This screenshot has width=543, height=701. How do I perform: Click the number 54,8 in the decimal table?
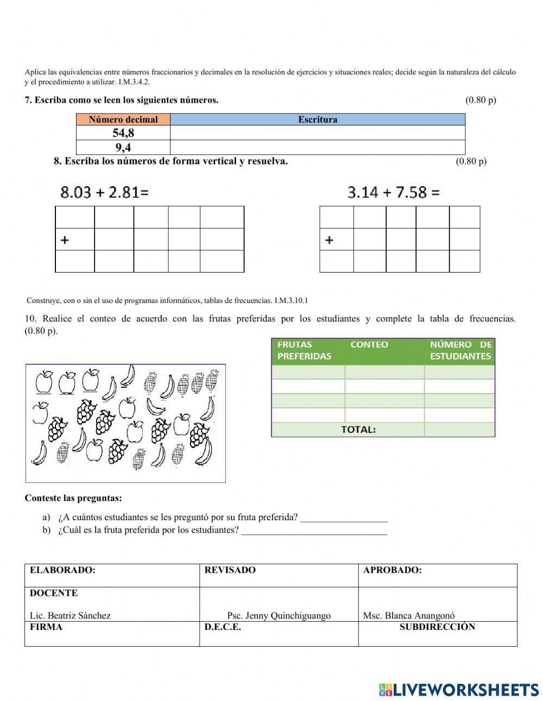click(123, 133)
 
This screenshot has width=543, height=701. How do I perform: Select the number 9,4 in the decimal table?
click(123, 148)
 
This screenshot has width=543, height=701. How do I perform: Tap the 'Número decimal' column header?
click(123, 119)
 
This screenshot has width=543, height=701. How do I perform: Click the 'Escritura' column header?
click(318, 119)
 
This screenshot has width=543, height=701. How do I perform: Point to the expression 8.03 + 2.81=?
click(104, 192)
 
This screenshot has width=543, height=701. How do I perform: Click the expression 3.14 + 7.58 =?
click(393, 192)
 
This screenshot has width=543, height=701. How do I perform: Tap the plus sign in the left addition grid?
click(65, 240)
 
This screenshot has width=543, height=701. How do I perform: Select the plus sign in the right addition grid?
click(329, 240)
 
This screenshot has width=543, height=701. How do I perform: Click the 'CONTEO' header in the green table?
click(369, 344)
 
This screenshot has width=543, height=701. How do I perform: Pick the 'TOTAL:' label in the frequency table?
click(358, 430)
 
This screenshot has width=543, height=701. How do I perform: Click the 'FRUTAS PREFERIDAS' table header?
click(304, 350)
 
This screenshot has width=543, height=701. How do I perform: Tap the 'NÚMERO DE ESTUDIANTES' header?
click(460, 350)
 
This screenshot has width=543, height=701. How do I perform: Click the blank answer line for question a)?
click(344, 519)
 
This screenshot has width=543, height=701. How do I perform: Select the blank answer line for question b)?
click(314, 532)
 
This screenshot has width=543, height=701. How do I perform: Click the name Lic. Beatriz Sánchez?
click(70, 616)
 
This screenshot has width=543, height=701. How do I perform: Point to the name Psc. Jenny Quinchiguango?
click(279, 616)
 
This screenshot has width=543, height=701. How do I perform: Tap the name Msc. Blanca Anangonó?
click(409, 616)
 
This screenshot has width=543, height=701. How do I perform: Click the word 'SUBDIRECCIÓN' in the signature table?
click(437, 627)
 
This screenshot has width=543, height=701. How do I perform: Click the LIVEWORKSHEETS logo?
click(459, 690)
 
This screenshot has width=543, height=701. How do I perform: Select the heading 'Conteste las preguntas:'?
click(73, 498)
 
